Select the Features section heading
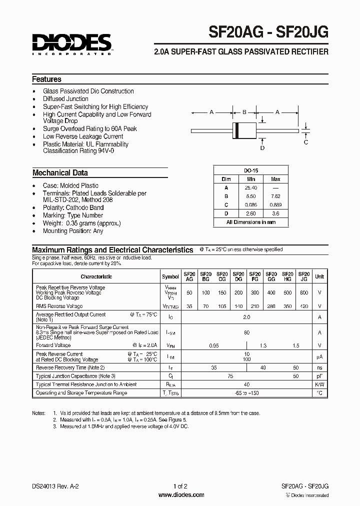[46, 79]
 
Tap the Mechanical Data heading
[60, 173]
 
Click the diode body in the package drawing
[244, 130]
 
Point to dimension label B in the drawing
[244, 112]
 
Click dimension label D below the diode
[262, 147]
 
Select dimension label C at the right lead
[306, 142]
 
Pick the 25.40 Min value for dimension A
[251, 187]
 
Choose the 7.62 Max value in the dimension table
[275, 196]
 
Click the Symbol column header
[170, 276]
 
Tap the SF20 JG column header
[303, 276]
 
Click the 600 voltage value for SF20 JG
[303, 292]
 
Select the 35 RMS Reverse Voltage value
[189, 306]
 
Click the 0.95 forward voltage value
[213, 345]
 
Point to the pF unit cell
[319, 375]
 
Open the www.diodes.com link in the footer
[180, 495]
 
